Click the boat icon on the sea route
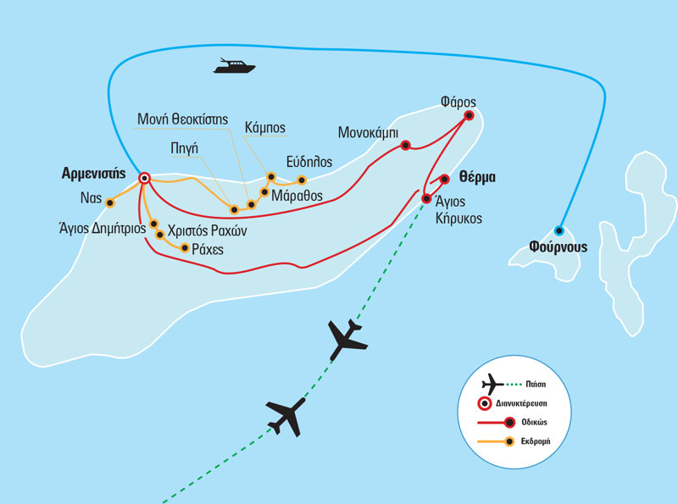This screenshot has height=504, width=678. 235,66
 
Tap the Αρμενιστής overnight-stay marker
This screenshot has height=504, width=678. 144,178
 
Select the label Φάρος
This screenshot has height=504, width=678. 458,102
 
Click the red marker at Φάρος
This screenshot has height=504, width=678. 470,115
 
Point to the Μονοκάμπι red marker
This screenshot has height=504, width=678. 405,145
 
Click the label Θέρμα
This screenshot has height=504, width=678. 477,177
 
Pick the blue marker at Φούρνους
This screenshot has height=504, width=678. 559,230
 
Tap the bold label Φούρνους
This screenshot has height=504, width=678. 559,247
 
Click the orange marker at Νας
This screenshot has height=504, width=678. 110,203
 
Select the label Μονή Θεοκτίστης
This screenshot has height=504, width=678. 182,119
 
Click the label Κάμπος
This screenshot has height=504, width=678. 265,128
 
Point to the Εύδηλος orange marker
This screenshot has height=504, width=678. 302,180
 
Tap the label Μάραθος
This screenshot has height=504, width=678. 297,196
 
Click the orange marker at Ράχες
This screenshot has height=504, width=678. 185,248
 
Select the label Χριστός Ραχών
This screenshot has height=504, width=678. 207,230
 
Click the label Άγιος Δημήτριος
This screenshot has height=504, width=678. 103,228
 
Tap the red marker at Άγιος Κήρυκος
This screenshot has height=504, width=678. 426,199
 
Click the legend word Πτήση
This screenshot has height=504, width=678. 536,385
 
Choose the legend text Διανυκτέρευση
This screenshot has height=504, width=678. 521,404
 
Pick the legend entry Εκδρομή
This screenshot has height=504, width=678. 536,441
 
